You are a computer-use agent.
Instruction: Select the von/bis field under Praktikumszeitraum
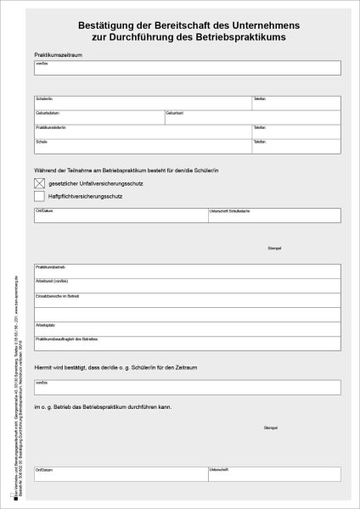pyautogui.click(x=188, y=68)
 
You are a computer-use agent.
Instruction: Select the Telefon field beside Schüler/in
pyautogui.click(x=296, y=103)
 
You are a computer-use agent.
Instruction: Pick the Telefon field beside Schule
pyautogui.click(x=296, y=146)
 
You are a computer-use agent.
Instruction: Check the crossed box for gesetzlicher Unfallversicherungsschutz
pyautogui.click(x=39, y=182)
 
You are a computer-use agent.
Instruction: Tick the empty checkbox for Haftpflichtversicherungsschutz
pyautogui.click(x=39, y=196)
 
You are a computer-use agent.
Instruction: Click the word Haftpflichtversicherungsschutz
pyautogui.click(x=87, y=196)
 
